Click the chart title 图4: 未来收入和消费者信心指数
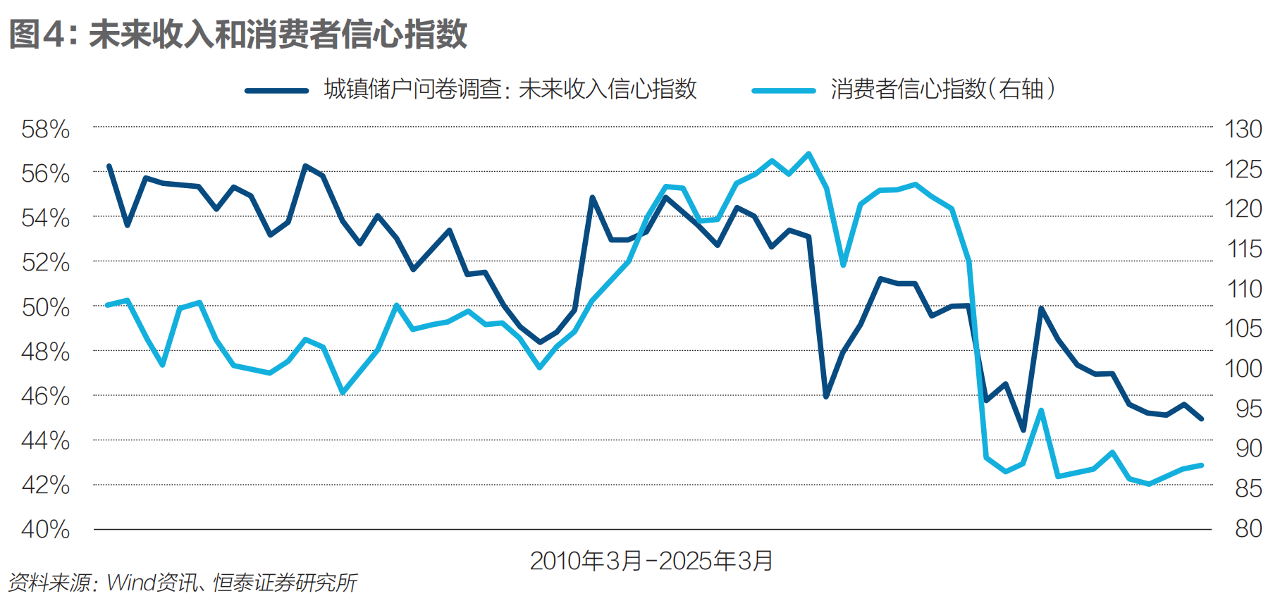(238, 34)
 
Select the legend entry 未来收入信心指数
(510, 89)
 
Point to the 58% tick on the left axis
(46, 130)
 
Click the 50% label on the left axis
(46, 308)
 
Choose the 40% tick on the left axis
(46, 530)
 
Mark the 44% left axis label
(46, 441)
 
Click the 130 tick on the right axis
(1243, 130)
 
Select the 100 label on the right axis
(1243, 368)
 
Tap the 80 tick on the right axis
(1248, 528)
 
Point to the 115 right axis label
(1243, 249)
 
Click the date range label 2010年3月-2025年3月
(651, 562)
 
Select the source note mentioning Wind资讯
(182, 583)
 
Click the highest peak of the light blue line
(808, 154)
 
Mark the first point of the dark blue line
(109, 166)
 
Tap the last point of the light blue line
(1201, 465)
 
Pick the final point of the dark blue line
(1201, 418)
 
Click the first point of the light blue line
(107, 305)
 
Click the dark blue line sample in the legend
(276, 90)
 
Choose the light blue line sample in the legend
(783, 90)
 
